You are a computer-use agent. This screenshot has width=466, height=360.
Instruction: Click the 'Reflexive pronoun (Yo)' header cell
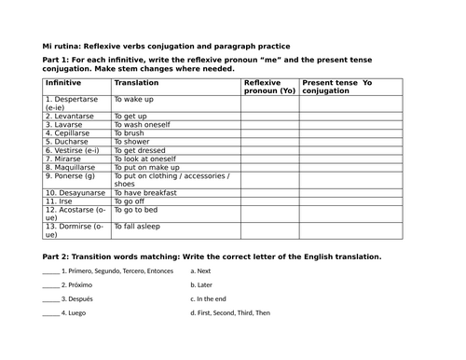pos(270,88)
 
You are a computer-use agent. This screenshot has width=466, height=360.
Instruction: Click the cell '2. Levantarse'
pos(70,116)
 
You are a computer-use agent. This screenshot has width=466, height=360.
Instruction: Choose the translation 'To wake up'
pos(134,98)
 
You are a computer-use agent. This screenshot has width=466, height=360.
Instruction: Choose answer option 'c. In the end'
pos(210,299)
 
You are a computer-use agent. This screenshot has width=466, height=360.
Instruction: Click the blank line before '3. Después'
pos(51,299)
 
